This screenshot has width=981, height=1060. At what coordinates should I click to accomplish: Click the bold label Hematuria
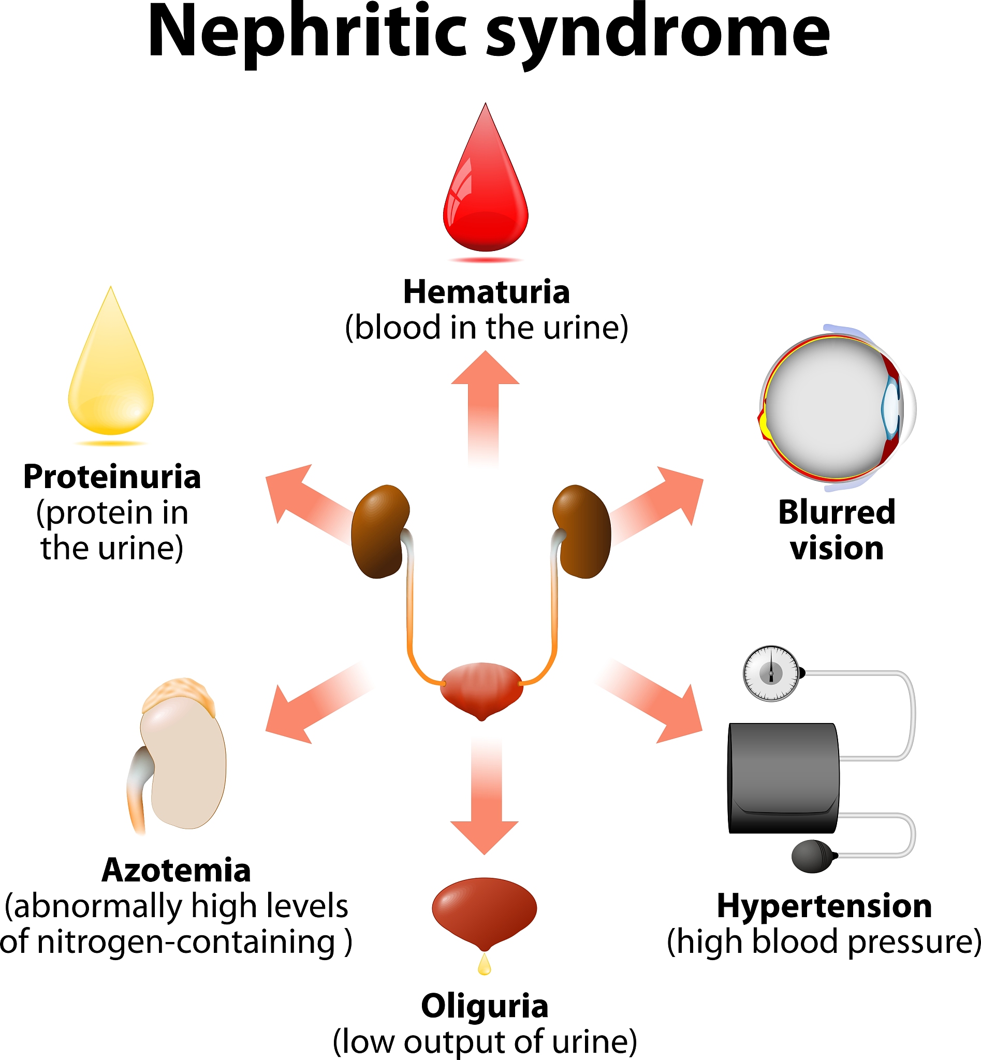click(x=486, y=292)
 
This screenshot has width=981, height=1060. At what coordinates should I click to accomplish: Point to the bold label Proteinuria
click(x=112, y=477)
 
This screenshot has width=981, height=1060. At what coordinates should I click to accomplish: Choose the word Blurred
click(x=837, y=512)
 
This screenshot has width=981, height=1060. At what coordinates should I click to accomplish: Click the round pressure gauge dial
click(x=771, y=673)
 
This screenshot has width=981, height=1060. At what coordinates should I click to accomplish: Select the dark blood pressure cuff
click(x=783, y=777)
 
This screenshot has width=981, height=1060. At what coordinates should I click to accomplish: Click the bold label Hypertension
click(x=824, y=906)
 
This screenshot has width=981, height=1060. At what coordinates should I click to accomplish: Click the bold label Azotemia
click(x=176, y=871)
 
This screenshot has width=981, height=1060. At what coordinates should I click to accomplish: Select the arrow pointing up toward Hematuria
click(x=485, y=403)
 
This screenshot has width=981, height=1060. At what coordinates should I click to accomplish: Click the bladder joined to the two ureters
click(x=481, y=688)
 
